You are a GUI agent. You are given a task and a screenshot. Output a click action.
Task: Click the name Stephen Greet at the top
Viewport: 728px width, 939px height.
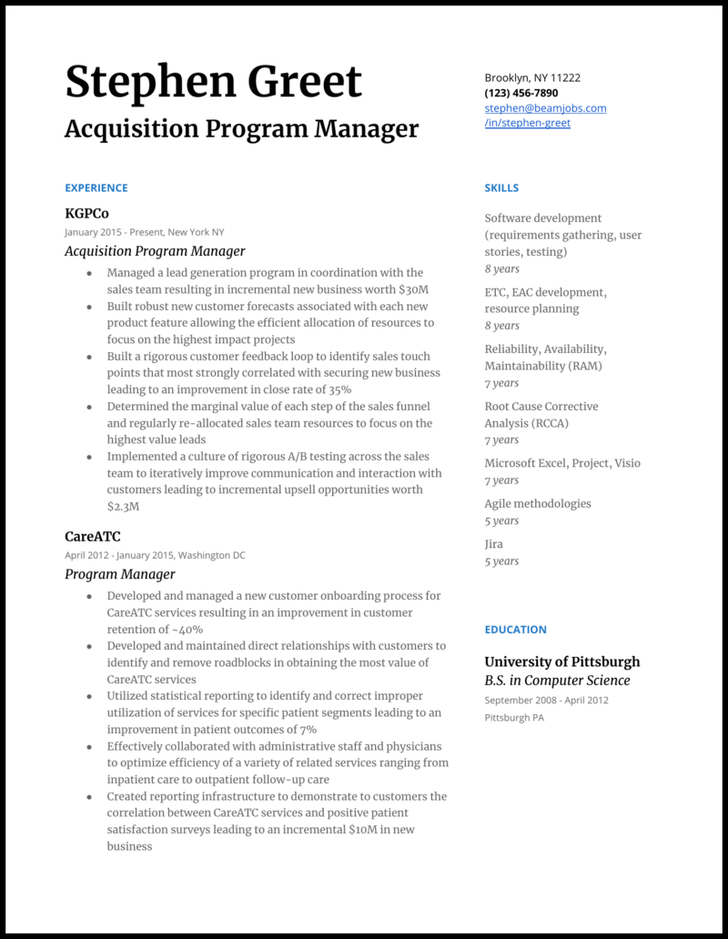coord(213,82)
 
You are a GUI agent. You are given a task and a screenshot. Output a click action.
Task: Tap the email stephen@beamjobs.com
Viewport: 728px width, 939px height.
coord(545,108)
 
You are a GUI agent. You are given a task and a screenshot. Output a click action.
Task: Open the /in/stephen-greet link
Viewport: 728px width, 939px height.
coord(527,123)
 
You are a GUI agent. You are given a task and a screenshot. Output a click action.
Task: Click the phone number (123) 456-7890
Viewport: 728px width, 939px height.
coord(521,93)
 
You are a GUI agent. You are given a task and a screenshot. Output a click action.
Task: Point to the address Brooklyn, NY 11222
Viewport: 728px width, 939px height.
coord(532,78)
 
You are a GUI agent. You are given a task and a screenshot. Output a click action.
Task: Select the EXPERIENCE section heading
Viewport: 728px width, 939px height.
coord(96,188)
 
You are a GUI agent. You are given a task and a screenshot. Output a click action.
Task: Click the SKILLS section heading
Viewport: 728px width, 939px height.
coord(501,188)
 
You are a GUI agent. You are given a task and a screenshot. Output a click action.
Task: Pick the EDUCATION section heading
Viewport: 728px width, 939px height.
coord(515,630)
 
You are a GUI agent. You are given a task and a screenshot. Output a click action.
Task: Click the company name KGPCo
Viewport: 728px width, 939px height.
coord(86,214)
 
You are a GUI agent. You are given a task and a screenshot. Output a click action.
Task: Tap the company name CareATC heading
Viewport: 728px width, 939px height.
coord(92,537)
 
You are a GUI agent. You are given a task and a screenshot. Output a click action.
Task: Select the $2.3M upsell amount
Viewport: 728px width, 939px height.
coord(123,507)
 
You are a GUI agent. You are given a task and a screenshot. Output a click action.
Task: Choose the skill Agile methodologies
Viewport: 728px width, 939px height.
coord(537,504)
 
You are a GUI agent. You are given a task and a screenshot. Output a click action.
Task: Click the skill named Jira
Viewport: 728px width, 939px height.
coord(494,544)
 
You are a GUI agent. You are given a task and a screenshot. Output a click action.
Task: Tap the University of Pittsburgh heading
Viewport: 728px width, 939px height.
coord(561,661)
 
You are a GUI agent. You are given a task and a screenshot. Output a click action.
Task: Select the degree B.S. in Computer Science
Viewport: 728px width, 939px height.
coord(557,681)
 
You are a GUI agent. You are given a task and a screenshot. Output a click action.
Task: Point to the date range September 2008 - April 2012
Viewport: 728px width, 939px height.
coord(546,701)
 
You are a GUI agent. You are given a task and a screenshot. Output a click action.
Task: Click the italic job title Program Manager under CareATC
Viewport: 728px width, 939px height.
coord(119,574)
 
